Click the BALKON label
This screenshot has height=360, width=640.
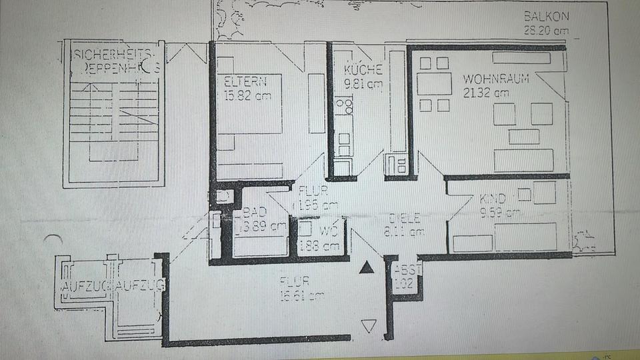click(547, 16)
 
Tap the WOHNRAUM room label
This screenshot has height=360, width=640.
click(496, 79)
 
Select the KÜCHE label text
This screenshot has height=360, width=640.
click(363, 70)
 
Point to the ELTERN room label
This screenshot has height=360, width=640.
click(245, 82)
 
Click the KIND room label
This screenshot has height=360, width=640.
click(493, 199)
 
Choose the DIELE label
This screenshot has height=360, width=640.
click(405, 218)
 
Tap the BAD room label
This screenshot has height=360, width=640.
click(255, 212)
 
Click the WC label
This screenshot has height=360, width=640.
click(327, 231)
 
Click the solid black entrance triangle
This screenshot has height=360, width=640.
click(366, 269)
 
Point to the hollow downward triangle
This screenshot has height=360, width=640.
click(368, 326)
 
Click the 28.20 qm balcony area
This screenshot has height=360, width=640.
click(547, 29)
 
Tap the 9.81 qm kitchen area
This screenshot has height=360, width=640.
click(363, 84)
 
